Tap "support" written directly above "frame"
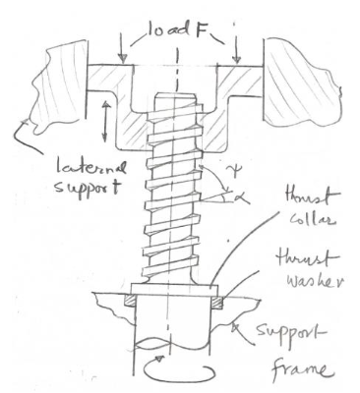tap(309, 339)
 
